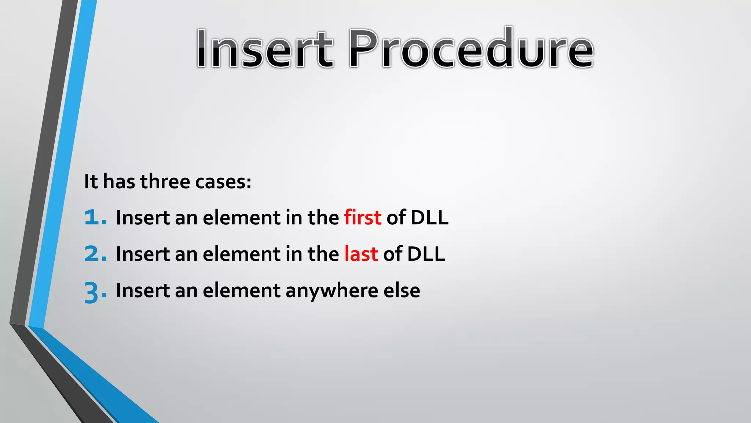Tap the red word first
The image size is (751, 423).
tap(362, 217)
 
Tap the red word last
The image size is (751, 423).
tap(361, 254)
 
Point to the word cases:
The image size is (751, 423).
tap(223, 182)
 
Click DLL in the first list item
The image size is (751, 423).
tap(429, 217)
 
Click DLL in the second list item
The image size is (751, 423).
tap(426, 254)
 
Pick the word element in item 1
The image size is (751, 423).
tap(241, 217)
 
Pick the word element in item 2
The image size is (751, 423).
tap(241, 254)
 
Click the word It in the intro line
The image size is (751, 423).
tap(91, 181)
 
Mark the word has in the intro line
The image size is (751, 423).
tap(119, 181)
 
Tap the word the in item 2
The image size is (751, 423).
tap(323, 254)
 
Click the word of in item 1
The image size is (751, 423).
tap(396, 217)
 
